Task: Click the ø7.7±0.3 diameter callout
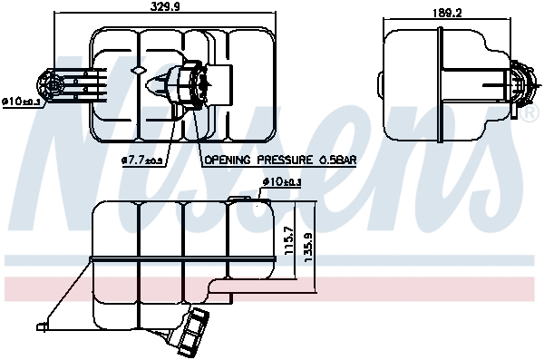[142, 161]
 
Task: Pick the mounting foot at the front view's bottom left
[42, 324]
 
